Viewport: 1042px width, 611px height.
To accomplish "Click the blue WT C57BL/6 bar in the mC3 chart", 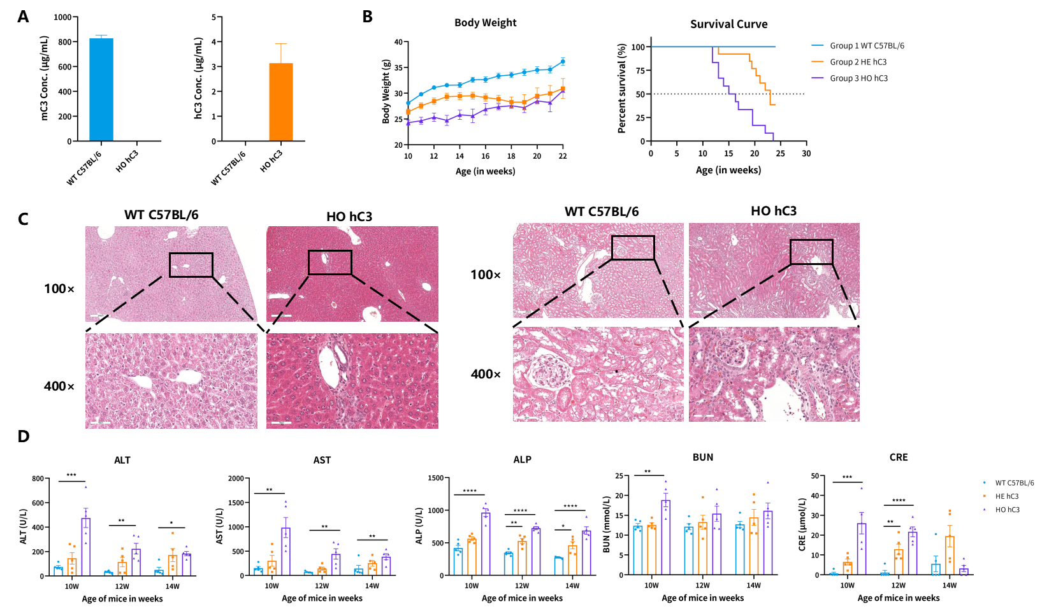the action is pos(101,90).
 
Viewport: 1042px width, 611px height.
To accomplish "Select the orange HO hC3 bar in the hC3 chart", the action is pos(281,102).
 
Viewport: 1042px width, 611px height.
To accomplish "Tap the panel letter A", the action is pos(23,17).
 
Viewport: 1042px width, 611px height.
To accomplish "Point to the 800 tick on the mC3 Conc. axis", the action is pos(64,42).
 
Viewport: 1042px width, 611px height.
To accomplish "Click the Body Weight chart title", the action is pos(485,23).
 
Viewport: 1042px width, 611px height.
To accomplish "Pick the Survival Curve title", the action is pos(728,24).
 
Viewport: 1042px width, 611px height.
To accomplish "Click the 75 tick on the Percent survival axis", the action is pos(639,71).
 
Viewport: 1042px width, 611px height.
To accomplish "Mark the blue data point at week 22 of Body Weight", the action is pos(563,61).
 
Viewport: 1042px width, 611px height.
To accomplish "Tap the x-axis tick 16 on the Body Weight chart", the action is pos(485,156).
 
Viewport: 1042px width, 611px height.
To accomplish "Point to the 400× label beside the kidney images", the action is pos(486,374).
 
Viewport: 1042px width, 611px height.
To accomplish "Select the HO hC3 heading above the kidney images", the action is pos(774,211).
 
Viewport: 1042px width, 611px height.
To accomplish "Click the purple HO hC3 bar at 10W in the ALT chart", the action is pos(85,547).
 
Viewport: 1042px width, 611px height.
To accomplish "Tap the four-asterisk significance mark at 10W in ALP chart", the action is pos(470,491).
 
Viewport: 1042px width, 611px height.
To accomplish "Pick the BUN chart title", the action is pos(703,457).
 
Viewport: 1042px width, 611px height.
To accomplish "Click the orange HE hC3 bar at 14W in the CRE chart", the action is pos(950,556).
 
